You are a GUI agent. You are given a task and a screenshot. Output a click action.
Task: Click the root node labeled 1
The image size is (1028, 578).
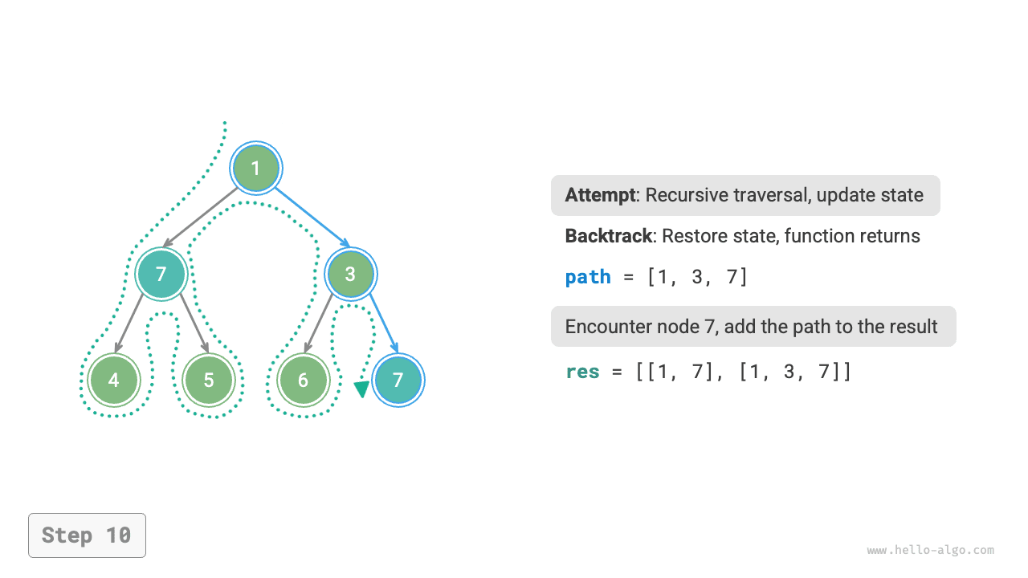(x=255, y=169)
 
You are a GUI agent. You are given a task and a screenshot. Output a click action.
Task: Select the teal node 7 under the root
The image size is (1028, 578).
(x=161, y=274)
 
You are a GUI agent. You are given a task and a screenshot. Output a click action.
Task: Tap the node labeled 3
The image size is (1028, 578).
(x=350, y=274)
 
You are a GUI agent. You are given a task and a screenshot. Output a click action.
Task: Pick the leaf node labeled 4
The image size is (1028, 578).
(x=113, y=380)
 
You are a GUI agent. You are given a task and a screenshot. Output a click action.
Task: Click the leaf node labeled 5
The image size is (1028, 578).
(x=208, y=380)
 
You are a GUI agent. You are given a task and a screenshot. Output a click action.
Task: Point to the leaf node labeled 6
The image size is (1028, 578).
(x=303, y=380)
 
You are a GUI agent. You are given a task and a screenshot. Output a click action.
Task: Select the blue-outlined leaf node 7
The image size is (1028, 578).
(x=398, y=380)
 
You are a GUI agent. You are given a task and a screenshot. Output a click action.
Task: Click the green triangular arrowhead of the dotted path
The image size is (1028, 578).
(x=361, y=389)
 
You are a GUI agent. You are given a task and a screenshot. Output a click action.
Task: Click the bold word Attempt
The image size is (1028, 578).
(x=601, y=195)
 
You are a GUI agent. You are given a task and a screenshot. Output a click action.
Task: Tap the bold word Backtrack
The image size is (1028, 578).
(x=607, y=236)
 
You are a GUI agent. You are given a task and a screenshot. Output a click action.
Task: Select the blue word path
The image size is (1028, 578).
(x=588, y=277)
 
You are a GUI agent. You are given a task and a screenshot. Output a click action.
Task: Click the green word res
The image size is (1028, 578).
(x=582, y=372)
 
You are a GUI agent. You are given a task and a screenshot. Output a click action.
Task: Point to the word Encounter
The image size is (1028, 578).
(x=602, y=327)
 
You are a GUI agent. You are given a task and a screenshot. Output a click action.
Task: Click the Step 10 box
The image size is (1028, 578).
(x=87, y=535)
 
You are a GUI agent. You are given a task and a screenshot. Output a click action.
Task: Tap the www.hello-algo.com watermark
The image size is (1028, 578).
(x=930, y=551)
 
